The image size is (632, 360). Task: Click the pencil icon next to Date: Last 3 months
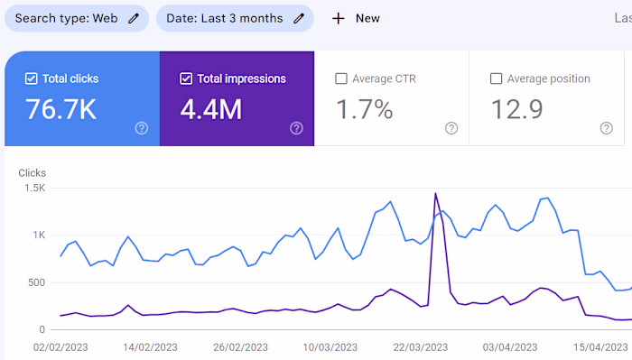(x=299, y=18)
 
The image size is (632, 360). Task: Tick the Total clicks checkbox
(x=32, y=78)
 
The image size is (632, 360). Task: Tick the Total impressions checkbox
(x=186, y=78)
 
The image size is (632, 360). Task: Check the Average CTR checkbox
(x=341, y=78)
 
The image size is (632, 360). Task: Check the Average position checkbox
(x=496, y=78)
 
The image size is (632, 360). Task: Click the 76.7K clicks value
(x=61, y=110)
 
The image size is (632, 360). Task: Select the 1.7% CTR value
(x=365, y=110)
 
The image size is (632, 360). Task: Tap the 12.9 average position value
(x=516, y=110)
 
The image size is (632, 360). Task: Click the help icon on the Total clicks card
(x=141, y=128)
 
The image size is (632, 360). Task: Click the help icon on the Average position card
(x=606, y=128)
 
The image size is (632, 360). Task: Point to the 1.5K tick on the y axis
(x=34, y=188)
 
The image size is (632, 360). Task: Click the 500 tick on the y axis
(x=35, y=282)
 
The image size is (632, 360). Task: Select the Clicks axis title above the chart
(x=32, y=172)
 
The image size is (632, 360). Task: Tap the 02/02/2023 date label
(x=60, y=346)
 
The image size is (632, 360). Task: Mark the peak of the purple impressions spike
(x=436, y=193)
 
